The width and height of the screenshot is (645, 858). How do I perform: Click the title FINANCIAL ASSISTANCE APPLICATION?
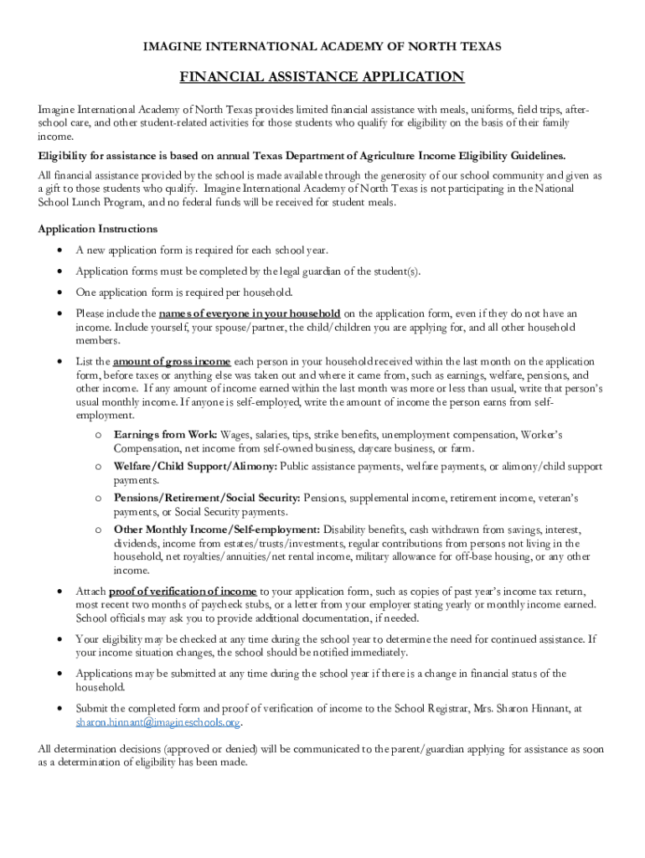(322, 78)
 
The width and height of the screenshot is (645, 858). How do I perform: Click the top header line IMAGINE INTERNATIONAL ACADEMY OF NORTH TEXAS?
(322, 47)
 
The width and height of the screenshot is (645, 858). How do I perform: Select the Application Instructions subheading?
(98, 229)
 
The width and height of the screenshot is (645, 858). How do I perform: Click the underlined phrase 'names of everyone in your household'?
(250, 314)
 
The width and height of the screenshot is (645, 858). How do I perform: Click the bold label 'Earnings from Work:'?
(166, 435)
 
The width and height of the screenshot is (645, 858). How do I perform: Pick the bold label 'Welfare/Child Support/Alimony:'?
(196, 467)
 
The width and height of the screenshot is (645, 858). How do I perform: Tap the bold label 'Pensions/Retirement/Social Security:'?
(208, 499)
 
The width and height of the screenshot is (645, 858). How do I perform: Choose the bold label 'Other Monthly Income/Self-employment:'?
(217, 530)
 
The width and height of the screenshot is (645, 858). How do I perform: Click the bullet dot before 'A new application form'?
(57, 251)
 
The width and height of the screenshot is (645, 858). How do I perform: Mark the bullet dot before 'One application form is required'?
(57, 292)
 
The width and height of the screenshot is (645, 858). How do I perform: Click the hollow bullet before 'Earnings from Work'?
(98, 436)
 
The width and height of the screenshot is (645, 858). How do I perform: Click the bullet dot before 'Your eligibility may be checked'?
(57, 639)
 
